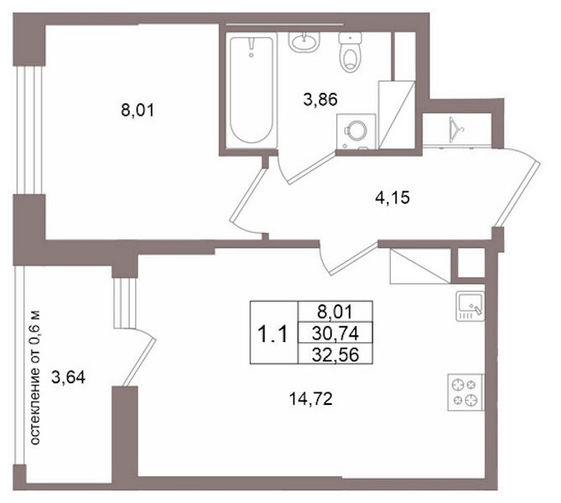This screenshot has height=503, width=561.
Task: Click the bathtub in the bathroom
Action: point(252,91)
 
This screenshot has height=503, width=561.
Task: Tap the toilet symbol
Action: point(350,52)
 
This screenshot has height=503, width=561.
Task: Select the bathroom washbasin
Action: point(304,42)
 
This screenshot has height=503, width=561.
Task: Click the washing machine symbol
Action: point(356,132)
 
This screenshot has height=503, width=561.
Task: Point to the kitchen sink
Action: point(470,306)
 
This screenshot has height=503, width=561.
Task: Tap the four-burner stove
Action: point(465,392)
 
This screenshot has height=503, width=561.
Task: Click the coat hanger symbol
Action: point(455,129)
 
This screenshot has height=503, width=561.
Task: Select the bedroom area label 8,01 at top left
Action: point(138,110)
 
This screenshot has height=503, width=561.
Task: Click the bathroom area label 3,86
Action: point(320,99)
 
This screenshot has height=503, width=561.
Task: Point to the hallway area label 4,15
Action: point(392,198)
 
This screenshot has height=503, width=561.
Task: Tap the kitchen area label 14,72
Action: point(310,399)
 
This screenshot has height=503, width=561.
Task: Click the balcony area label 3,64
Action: point(68,377)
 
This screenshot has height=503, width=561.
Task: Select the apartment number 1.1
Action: point(273,334)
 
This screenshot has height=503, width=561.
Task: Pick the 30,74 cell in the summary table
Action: point(335,334)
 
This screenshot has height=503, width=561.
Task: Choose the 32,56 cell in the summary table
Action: point(335,355)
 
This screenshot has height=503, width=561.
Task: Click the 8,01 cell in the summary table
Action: point(335,312)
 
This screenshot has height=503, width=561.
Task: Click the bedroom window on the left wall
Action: point(29,130)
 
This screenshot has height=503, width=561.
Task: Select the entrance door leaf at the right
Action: point(517,194)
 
